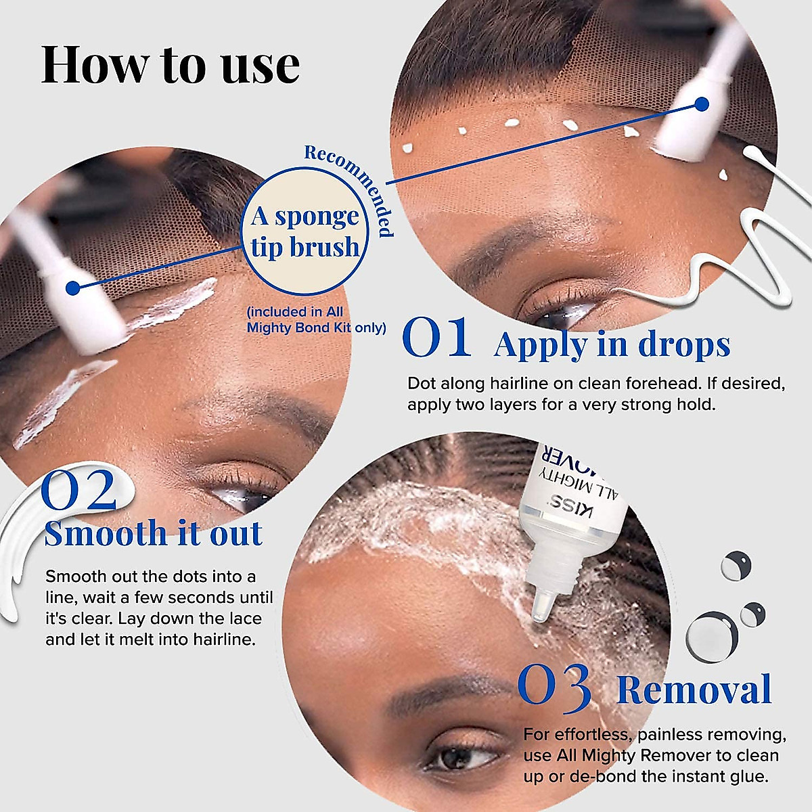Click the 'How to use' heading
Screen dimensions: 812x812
coord(170,65)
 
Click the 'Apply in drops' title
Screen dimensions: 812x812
coord(612,344)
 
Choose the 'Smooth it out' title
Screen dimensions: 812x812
coord(153,533)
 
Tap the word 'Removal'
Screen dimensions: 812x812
coord(694,690)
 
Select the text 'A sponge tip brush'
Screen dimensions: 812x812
coord(305,231)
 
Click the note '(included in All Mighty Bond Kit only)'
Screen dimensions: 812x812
coord(316,320)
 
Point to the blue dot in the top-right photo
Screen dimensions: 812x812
coord(702,104)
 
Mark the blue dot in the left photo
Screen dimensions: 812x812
coord(73,288)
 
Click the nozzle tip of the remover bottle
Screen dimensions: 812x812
coord(539,612)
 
